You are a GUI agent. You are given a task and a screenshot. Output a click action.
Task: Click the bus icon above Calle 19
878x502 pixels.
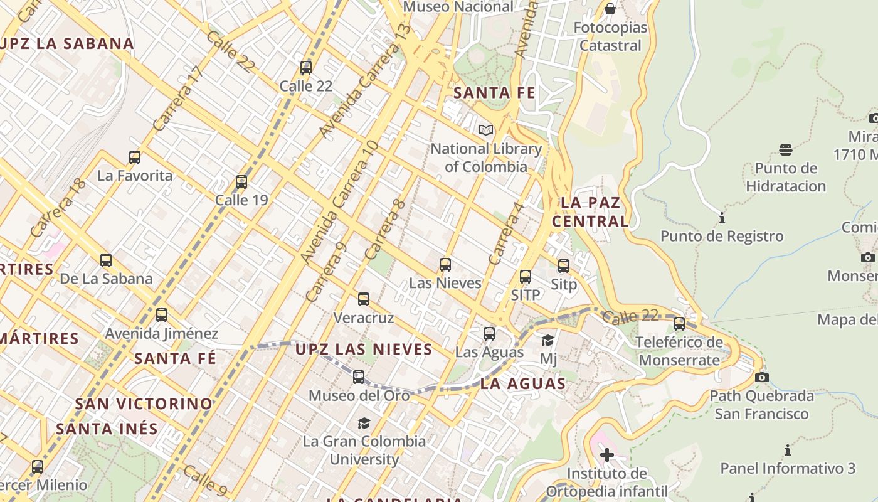(241, 182)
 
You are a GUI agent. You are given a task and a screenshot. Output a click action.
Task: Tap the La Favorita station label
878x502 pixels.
(135, 176)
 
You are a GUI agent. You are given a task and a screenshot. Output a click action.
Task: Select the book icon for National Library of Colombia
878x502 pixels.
(485, 130)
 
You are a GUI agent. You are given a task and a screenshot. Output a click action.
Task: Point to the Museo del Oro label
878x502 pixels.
(359, 395)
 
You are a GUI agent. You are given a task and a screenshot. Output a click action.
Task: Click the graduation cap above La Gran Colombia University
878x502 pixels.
(364, 423)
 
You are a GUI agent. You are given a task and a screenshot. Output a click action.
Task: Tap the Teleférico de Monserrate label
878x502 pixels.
(679, 351)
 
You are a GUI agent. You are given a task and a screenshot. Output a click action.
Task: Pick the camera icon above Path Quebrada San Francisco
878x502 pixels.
(762, 377)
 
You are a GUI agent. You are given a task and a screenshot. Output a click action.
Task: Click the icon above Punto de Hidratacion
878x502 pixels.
(786, 149)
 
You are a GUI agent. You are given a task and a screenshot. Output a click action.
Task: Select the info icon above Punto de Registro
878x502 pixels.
(722, 218)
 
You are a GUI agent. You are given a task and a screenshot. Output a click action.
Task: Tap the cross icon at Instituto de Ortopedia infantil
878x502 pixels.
(606, 454)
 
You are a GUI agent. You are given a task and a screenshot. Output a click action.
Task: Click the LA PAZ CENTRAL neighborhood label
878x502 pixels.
(590, 211)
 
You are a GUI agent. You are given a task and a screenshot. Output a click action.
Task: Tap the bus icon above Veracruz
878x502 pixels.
(364, 299)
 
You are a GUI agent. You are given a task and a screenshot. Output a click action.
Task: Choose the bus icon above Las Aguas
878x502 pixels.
(489, 334)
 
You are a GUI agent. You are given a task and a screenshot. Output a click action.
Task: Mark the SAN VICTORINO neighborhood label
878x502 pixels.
(144, 403)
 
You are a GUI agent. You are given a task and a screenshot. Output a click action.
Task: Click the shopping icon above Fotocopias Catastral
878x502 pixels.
(610, 9)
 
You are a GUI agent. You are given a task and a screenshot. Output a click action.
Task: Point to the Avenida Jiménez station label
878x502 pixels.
(162, 333)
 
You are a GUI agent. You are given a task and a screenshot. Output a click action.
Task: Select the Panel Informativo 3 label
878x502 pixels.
(788, 468)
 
